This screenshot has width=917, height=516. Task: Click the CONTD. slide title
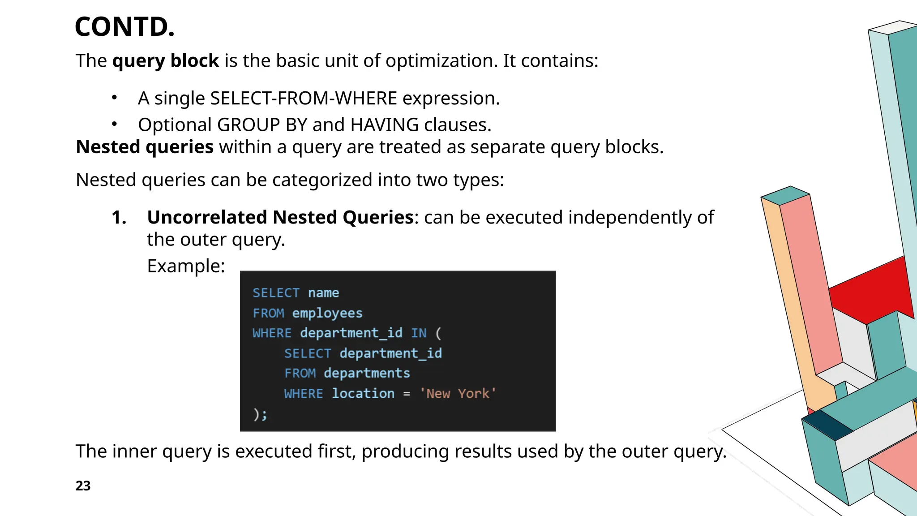124,27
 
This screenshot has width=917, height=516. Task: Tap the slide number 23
83,486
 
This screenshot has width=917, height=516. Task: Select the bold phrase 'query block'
165,61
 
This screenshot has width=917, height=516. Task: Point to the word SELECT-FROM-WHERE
304,99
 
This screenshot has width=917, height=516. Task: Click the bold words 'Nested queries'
145,147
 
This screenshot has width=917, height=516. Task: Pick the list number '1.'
119,218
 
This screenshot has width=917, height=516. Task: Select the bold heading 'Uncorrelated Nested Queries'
280,218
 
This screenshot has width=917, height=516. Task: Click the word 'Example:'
186,266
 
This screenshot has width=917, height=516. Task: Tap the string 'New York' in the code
458,394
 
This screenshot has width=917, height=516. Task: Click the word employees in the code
327,313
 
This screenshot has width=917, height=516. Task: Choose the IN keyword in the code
419,333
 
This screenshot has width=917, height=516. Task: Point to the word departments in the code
367,373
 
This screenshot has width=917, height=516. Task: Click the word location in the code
363,394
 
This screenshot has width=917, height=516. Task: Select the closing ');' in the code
260,414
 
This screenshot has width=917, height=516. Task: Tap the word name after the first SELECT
323,293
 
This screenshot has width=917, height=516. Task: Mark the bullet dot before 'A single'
115,98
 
